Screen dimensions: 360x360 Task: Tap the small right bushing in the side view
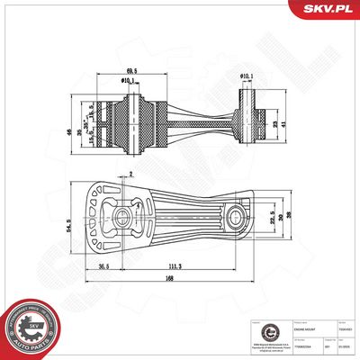point(248,116)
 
